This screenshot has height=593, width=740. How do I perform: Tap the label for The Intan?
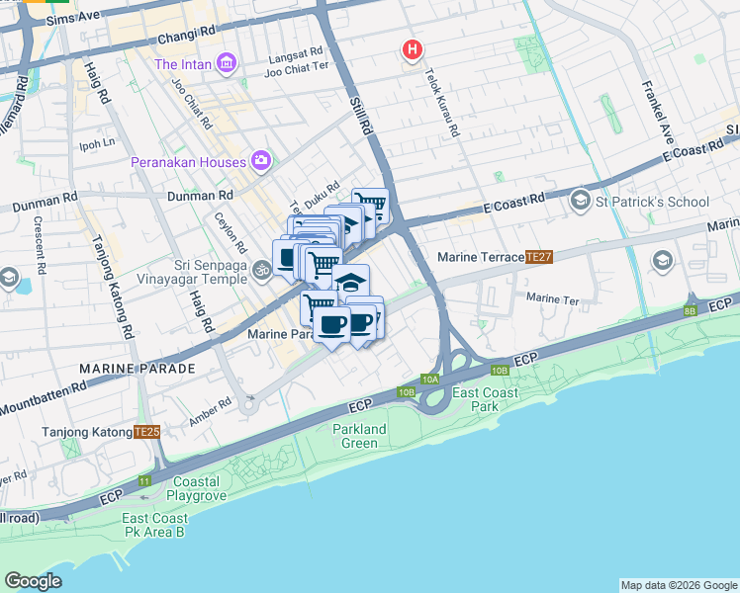(185, 65)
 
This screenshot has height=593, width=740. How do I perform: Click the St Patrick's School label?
(652, 202)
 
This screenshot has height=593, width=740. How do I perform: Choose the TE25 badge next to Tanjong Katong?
(146, 432)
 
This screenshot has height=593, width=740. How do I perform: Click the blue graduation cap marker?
(349, 281)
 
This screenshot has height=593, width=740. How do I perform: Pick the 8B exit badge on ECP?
(689, 310)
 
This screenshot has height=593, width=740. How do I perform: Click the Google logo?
(33, 581)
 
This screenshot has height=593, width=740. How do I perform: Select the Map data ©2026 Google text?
(678, 585)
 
